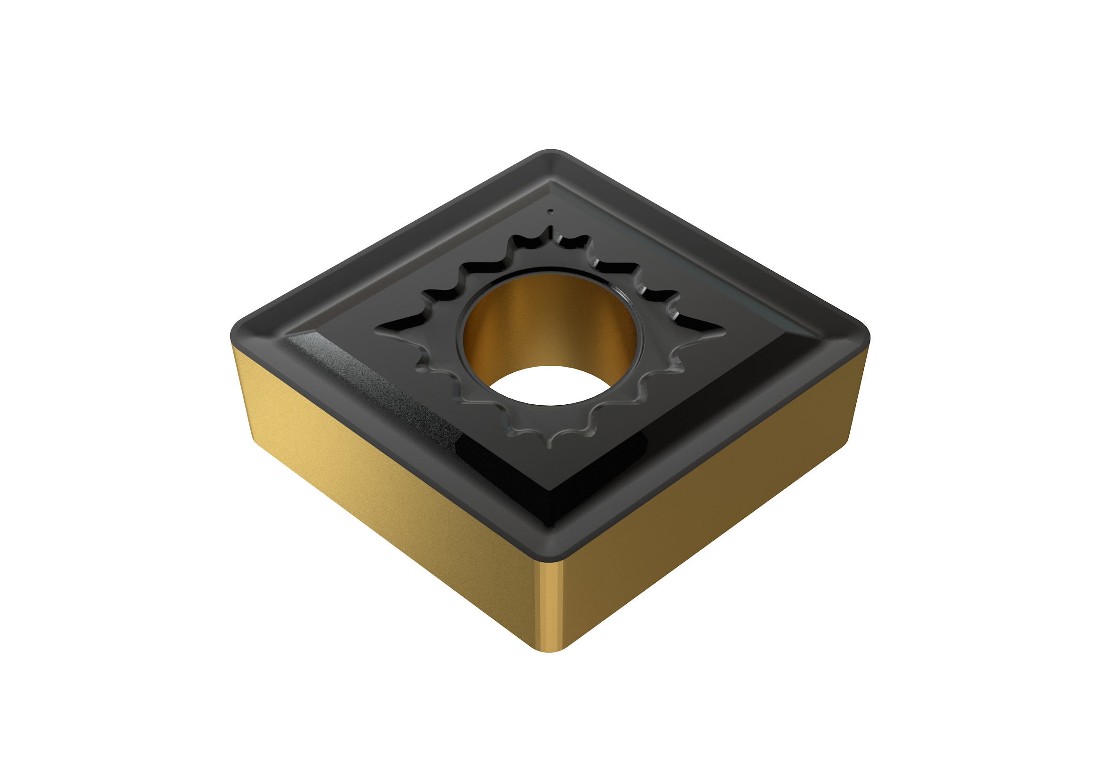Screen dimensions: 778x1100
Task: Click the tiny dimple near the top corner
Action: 551,210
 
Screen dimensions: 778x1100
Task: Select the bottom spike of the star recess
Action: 550,446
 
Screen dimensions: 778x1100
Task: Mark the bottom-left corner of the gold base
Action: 256,443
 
